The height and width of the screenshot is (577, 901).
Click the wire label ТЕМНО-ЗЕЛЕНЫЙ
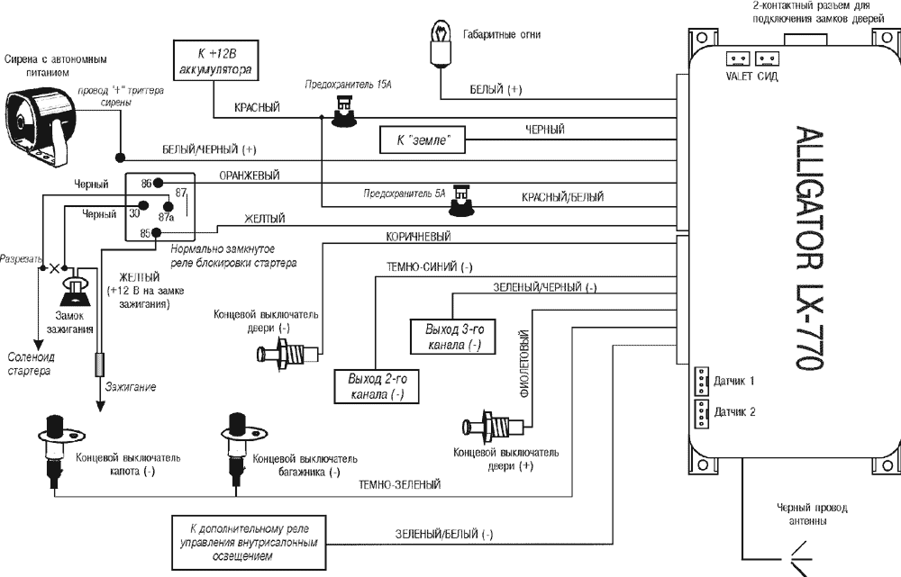399,485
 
